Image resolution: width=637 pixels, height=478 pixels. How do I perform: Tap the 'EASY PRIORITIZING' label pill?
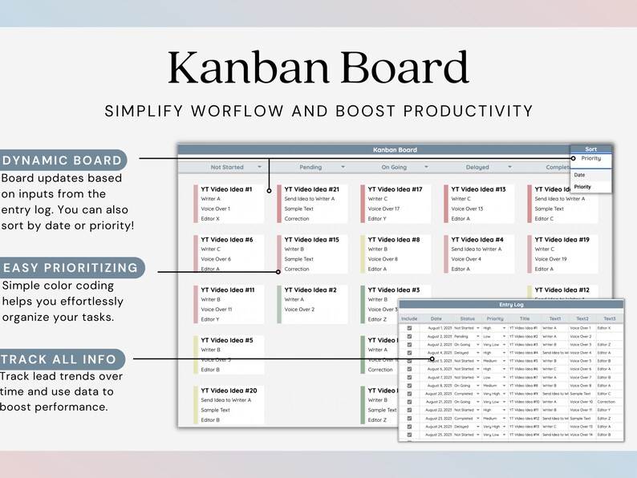71,268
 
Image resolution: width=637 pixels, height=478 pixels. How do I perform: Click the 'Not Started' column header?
227,167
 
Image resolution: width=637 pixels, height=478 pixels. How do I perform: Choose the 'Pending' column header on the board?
310,167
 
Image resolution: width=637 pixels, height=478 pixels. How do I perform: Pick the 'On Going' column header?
394,167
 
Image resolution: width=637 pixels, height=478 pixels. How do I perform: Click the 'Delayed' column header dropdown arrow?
509,167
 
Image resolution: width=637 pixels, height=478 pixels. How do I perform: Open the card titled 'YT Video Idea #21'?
311,189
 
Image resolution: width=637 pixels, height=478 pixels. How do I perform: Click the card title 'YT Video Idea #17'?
395,189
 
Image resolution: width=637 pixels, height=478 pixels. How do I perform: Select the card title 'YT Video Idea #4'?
477,239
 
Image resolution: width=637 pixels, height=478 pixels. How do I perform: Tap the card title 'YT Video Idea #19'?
562,239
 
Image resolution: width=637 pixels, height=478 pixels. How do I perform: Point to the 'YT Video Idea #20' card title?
228,390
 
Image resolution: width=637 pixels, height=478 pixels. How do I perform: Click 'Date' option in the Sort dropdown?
579,174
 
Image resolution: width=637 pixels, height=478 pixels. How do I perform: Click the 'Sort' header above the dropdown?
590,149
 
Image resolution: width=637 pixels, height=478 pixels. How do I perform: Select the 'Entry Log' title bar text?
510,304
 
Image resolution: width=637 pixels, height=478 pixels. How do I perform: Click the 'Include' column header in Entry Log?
409,318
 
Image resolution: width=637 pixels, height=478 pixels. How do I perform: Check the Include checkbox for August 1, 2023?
409,328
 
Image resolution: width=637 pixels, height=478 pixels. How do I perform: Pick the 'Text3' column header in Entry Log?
609,318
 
